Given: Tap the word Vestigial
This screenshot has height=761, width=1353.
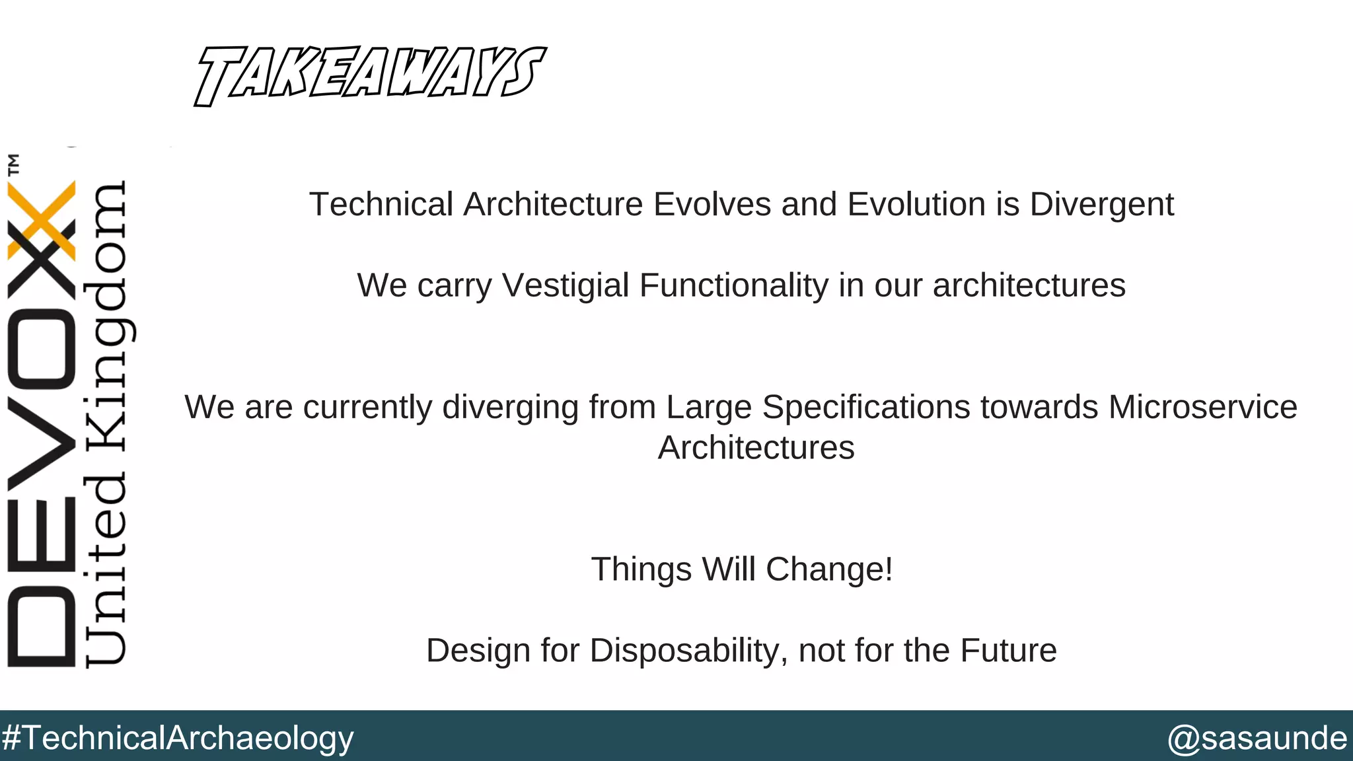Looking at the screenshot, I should coord(566,286).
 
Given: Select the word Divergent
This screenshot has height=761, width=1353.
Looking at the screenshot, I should coord(1101,205).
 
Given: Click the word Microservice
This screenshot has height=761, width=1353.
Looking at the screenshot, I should coord(1202,407).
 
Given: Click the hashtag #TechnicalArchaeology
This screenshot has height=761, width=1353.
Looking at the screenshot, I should coord(178,738).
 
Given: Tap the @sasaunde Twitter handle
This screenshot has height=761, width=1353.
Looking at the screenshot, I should coord(1257,738).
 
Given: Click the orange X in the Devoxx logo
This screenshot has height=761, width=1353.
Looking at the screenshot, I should coord(41,218).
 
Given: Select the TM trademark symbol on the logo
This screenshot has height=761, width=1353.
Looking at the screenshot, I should coord(13,164).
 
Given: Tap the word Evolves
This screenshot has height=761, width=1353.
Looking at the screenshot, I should coord(712,205).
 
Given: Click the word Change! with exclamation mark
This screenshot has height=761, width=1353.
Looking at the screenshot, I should coord(829,569).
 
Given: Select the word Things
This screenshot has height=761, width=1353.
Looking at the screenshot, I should coord(641,569).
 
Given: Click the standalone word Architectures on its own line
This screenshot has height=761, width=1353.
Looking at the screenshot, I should coord(756,449).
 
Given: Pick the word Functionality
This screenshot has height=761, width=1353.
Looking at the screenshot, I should coord(733,286).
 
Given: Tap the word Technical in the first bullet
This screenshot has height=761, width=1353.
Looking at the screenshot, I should coord(381,205).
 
